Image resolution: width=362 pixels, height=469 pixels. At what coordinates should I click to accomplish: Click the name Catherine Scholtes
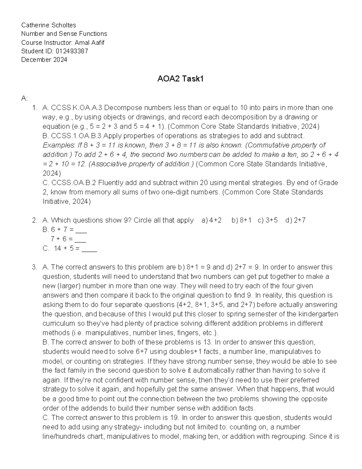point(49,25)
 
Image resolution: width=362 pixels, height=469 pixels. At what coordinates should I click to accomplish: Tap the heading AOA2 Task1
point(180,79)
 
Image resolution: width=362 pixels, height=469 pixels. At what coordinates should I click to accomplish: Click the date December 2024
point(44,60)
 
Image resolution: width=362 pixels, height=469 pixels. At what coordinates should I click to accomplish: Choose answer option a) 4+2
point(211,220)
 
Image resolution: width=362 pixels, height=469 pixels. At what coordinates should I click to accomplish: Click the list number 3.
point(34,267)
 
